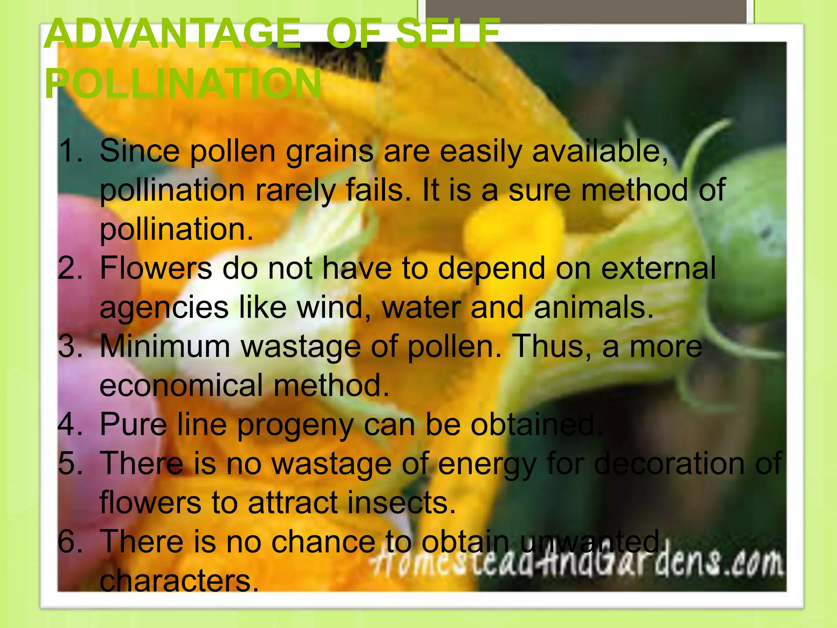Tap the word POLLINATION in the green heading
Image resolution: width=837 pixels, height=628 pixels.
pyautogui.click(x=183, y=84)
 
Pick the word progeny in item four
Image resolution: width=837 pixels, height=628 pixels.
pyautogui.click(x=295, y=425)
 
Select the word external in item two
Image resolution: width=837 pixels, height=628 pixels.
pyautogui.click(x=658, y=268)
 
